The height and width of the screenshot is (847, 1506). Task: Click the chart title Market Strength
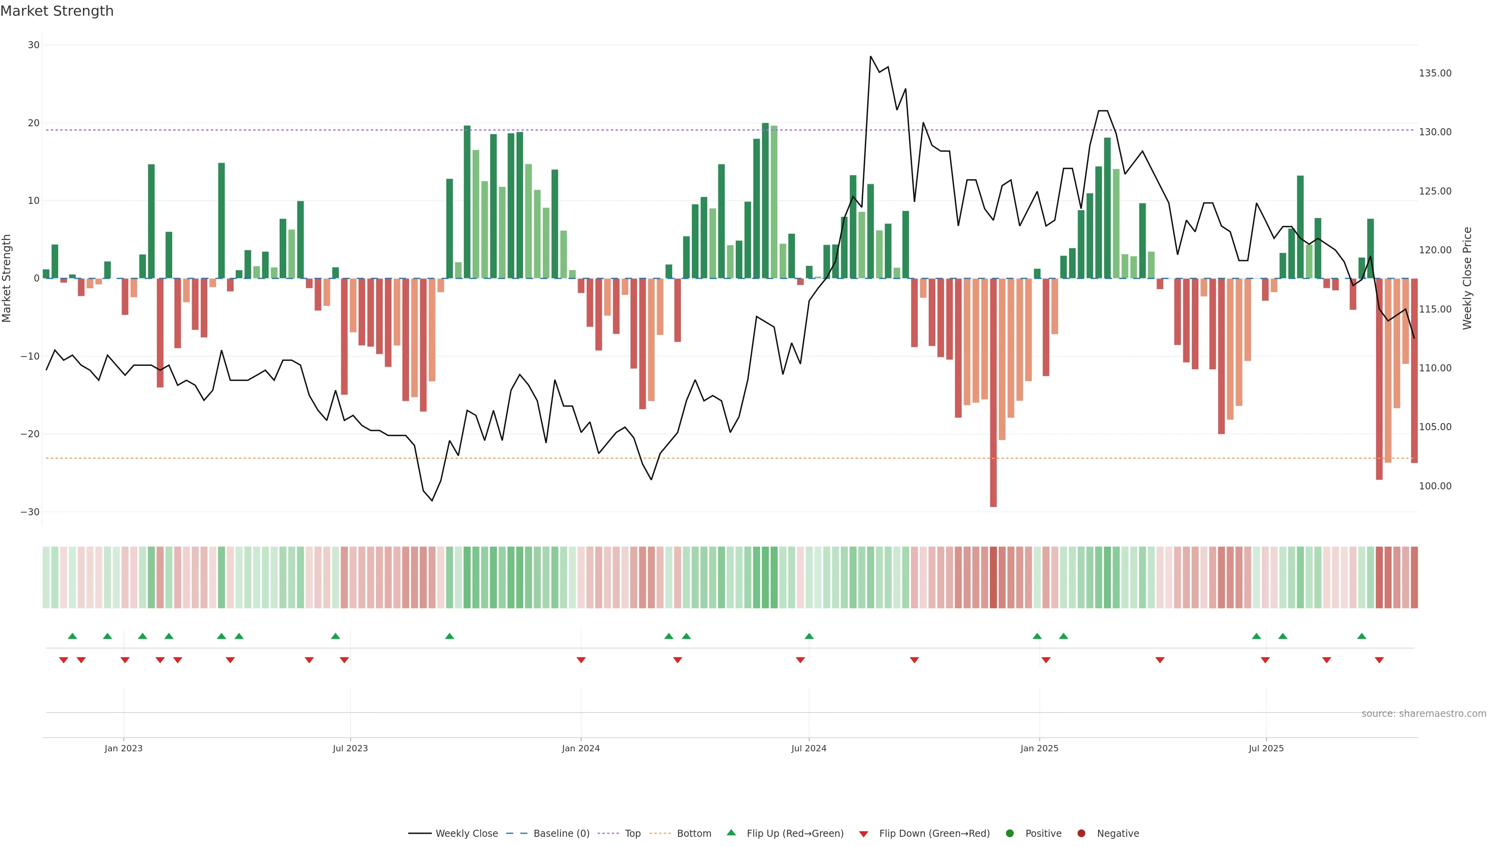(x=57, y=11)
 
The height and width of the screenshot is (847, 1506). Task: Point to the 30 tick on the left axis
(x=33, y=45)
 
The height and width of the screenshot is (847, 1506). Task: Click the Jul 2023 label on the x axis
(x=350, y=748)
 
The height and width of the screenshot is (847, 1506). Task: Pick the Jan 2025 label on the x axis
(x=1039, y=748)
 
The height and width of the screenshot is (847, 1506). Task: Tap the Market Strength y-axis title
(x=7, y=278)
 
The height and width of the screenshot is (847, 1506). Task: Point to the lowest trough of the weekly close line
(x=432, y=500)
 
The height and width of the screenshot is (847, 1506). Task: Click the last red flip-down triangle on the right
(x=1379, y=660)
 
